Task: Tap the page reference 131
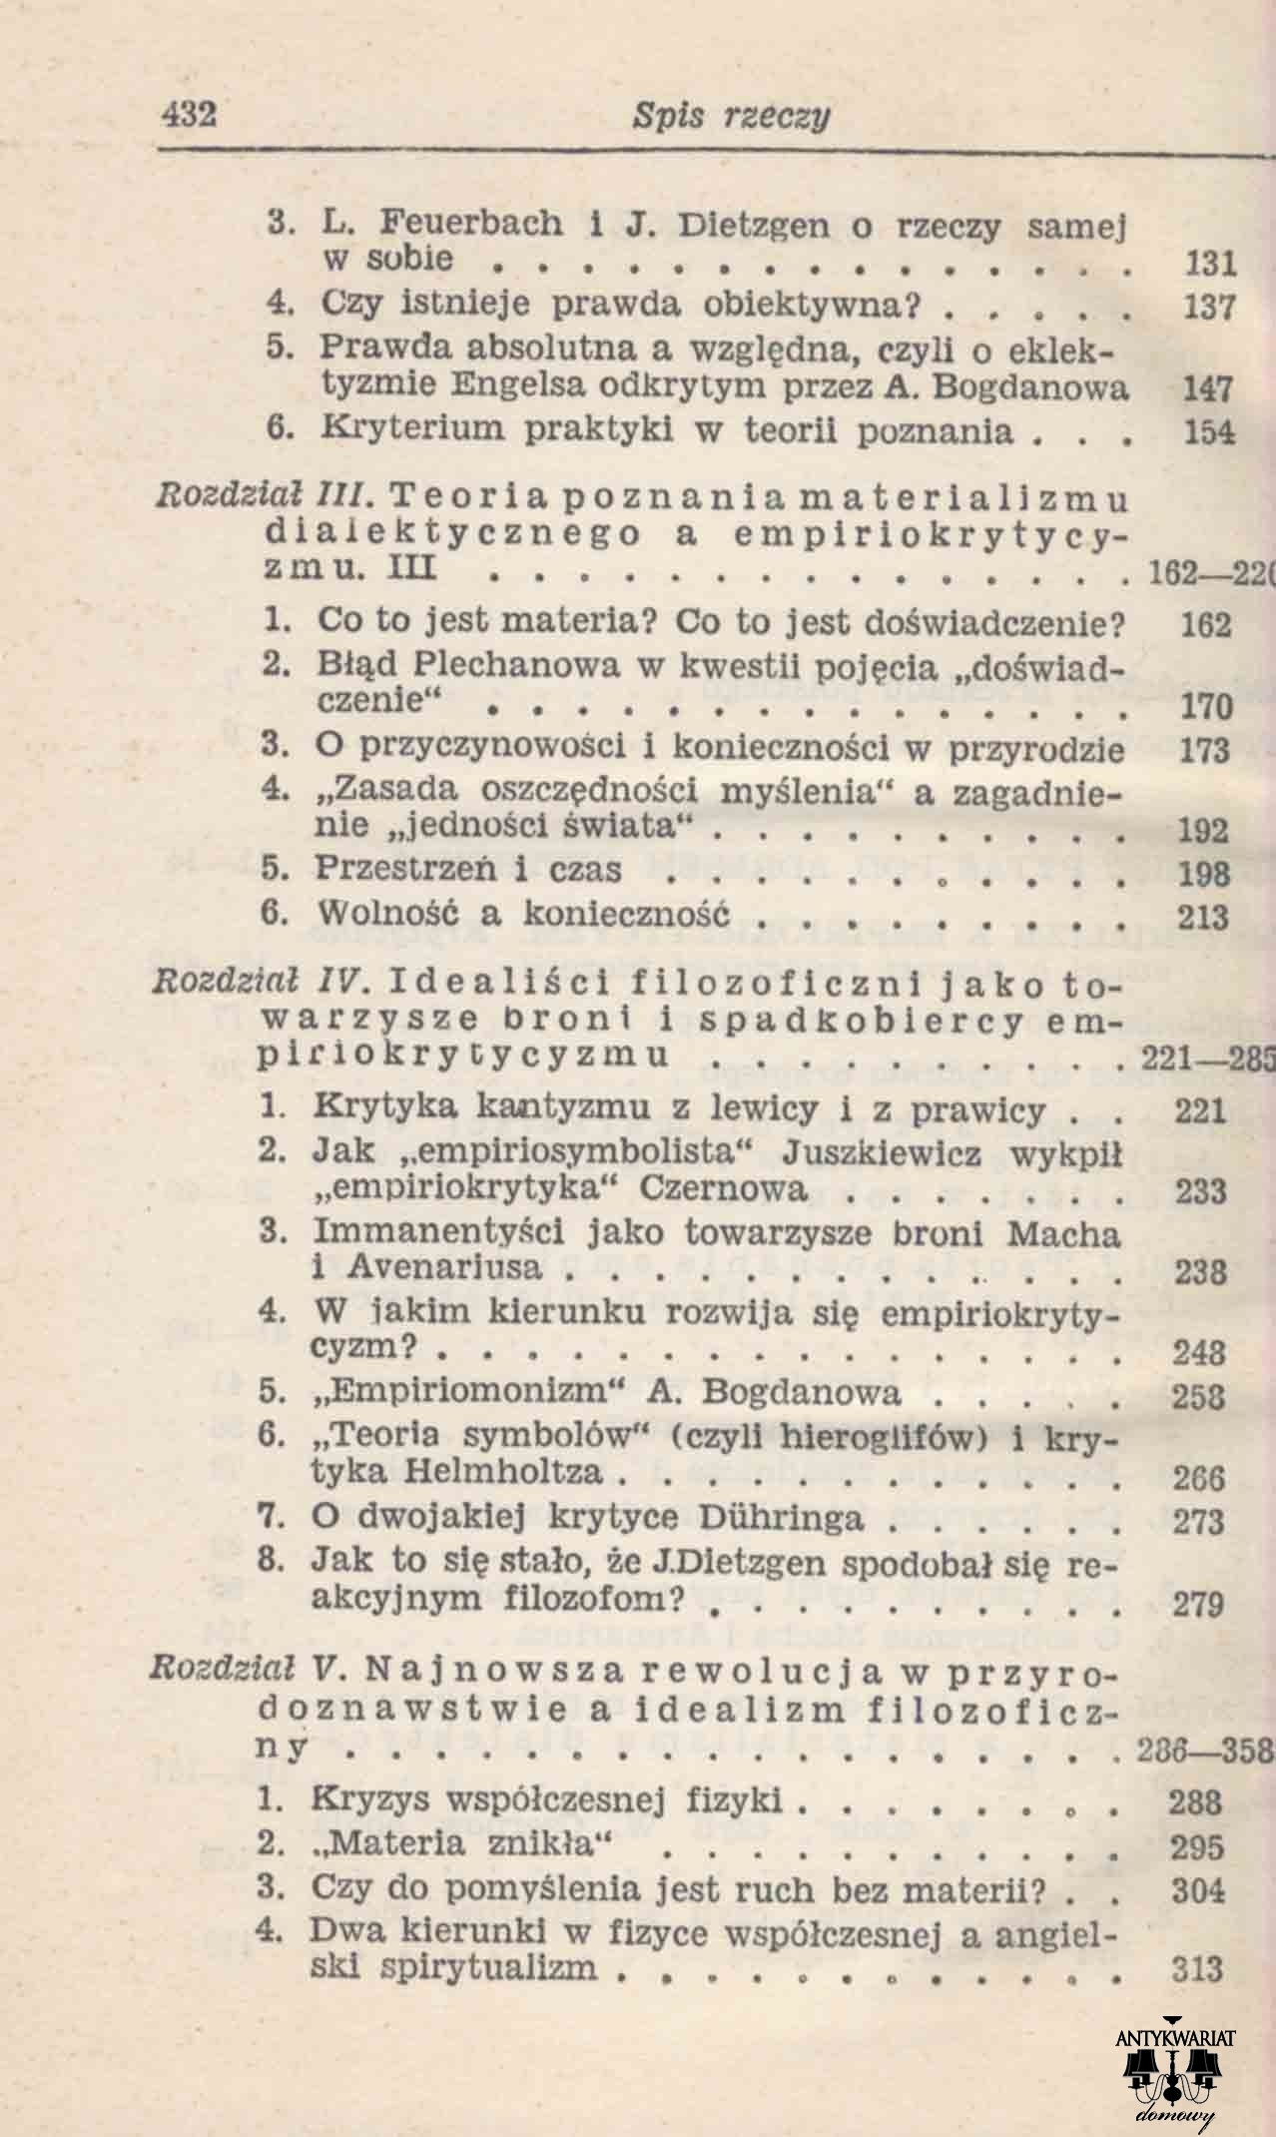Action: click(1209, 265)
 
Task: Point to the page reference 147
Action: click(1208, 387)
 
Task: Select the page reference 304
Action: click(1199, 1889)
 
